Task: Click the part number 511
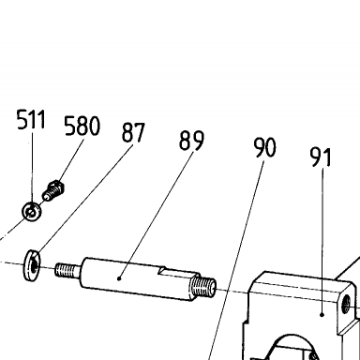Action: (31, 119)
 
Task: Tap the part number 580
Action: (82, 126)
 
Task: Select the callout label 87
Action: (133, 132)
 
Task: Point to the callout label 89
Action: (191, 141)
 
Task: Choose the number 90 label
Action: (265, 147)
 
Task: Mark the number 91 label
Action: (321, 157)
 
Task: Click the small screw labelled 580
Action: (53, 190)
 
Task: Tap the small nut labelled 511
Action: (32, 211)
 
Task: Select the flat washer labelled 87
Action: (32, 264)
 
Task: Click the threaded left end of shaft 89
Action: (67, 270)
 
